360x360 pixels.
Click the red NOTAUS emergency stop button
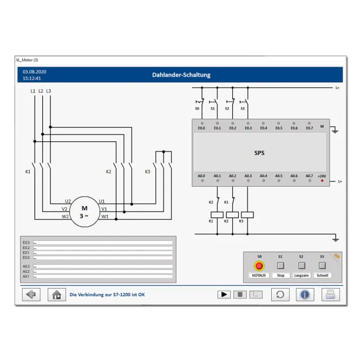point(259,266)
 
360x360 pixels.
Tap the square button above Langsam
point(302,266)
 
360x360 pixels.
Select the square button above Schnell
point(322,266)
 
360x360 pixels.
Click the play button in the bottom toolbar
point(224,294)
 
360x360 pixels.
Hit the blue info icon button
point(305,294)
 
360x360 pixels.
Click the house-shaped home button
point(57,294)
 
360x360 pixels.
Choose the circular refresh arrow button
point(280,294)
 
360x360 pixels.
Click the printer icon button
point(331,294)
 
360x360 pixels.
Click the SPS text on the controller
point(259,153)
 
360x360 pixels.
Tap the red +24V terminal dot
point(322,181)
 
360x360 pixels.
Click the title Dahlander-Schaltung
point(181,75)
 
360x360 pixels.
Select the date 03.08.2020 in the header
point(35,71)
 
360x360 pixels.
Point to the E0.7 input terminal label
point(309,128)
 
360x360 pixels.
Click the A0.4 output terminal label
point(263,176)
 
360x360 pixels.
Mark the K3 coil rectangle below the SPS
point(247,215)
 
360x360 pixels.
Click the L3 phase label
point(49,91)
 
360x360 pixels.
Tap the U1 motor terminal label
point(102,201)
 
